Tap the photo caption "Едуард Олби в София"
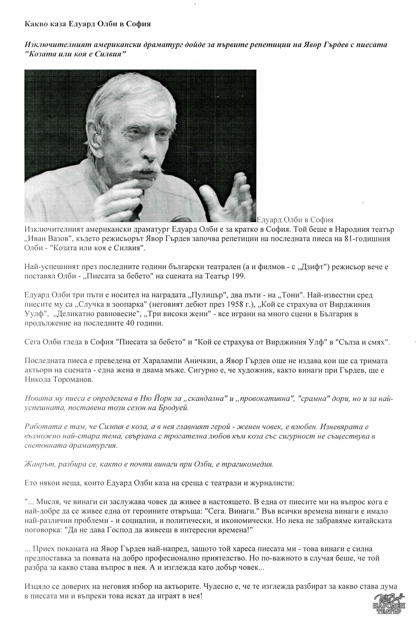pyautogui.click(x=295, y=220)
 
